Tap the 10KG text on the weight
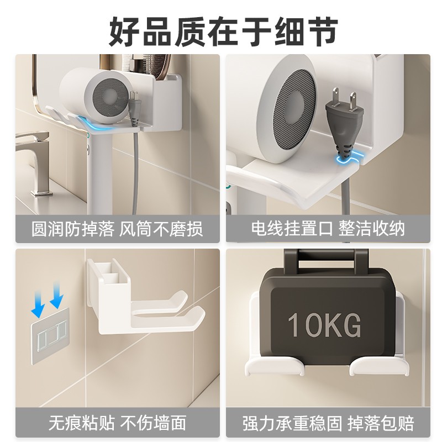pos(324,325)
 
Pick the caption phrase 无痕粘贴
pos(82,424)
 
